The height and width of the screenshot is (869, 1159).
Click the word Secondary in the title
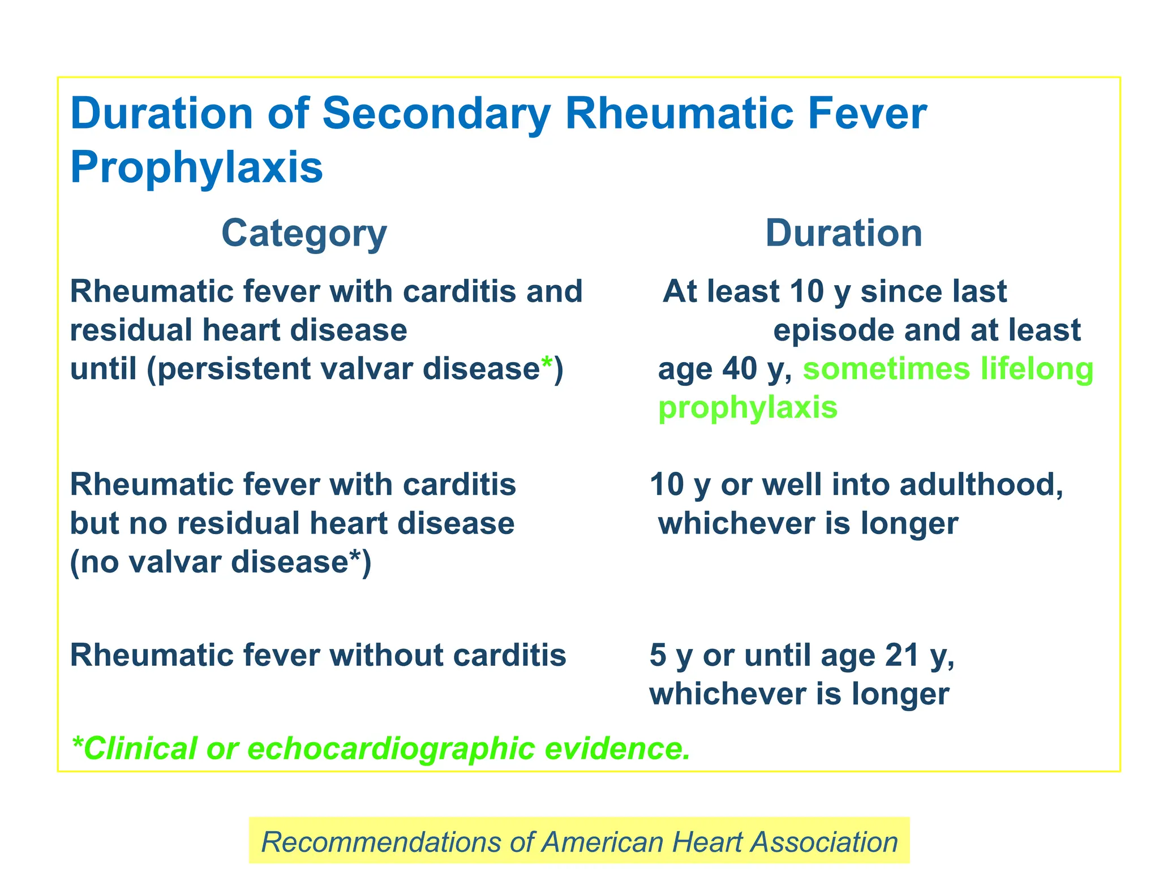click(x=436, y=114)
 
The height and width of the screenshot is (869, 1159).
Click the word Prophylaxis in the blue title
click(x=196, y=167)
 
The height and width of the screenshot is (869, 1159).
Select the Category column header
click(x=304, y=234)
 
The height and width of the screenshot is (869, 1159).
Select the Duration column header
click(x=843, y=234)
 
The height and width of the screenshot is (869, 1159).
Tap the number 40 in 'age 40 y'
click(x=739, y=369)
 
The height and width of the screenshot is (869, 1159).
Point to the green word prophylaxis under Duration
click(x=747, y=407)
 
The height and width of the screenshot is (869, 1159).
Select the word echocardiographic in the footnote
click(x=391, y=748)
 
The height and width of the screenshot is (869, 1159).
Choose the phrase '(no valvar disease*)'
click(x=221, y=562)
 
